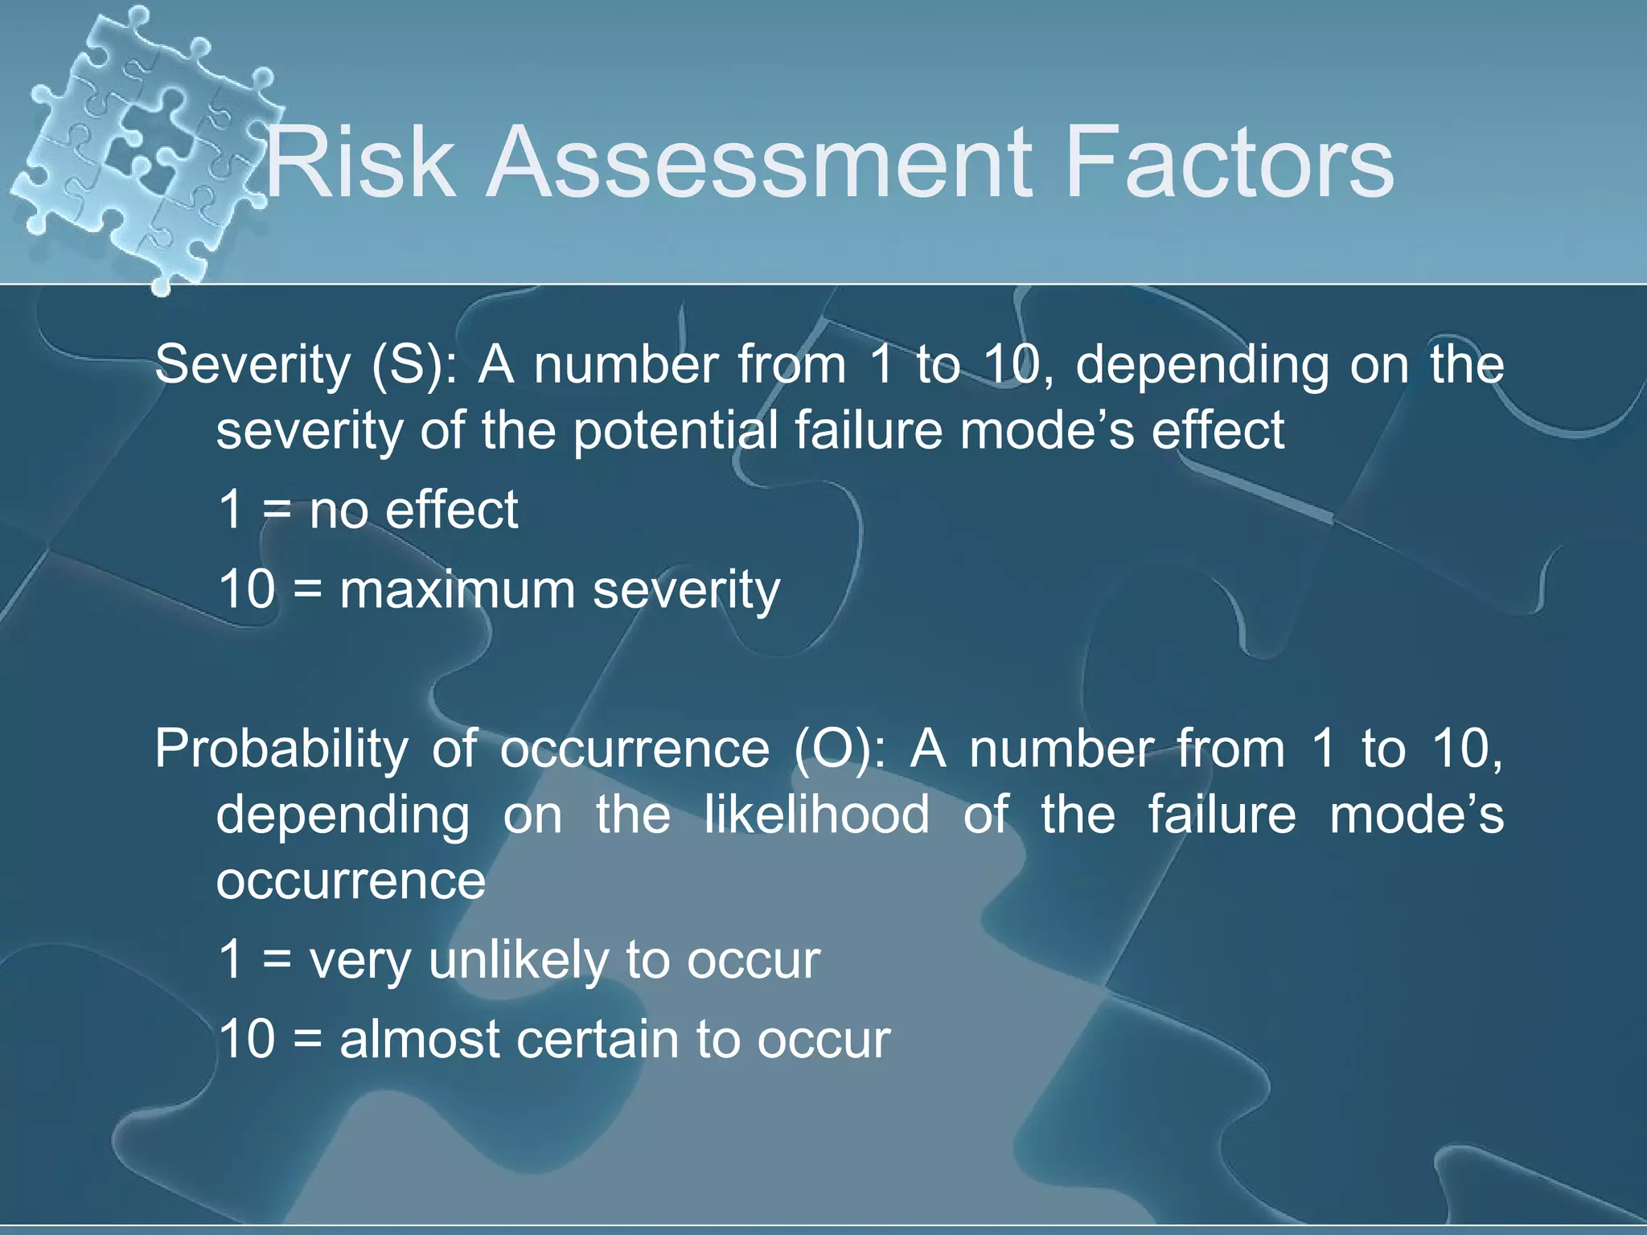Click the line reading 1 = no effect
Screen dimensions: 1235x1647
[x=368, y=510]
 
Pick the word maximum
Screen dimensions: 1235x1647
[x=457, y=589]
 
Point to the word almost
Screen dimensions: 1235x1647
[x=420, y=1039]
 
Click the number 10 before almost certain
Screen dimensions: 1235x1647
[x=247, y=1039]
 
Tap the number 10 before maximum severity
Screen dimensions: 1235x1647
[x=247, y=589]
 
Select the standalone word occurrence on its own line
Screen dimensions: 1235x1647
[x=351, y=881]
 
